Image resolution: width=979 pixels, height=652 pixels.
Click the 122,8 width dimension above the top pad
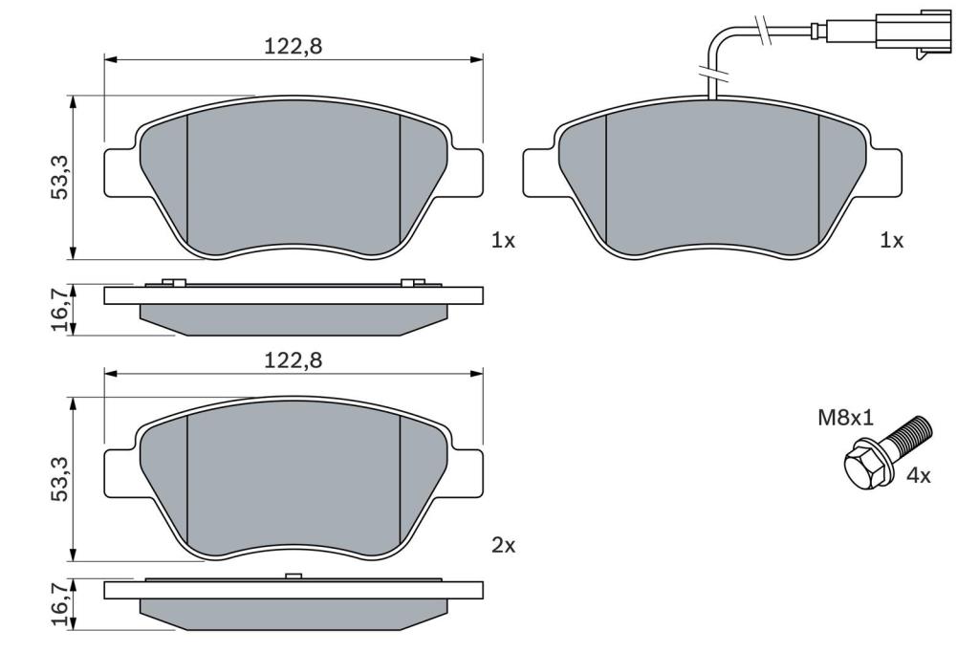293,46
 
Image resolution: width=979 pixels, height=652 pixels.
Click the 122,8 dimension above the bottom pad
293,360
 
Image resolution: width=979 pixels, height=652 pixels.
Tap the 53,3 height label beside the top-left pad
60,177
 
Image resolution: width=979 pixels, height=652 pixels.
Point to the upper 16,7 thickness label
60,309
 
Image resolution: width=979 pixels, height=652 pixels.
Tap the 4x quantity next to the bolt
918,476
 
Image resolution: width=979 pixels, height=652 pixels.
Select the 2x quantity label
503,546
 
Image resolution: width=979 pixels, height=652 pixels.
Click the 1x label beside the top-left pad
503,241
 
